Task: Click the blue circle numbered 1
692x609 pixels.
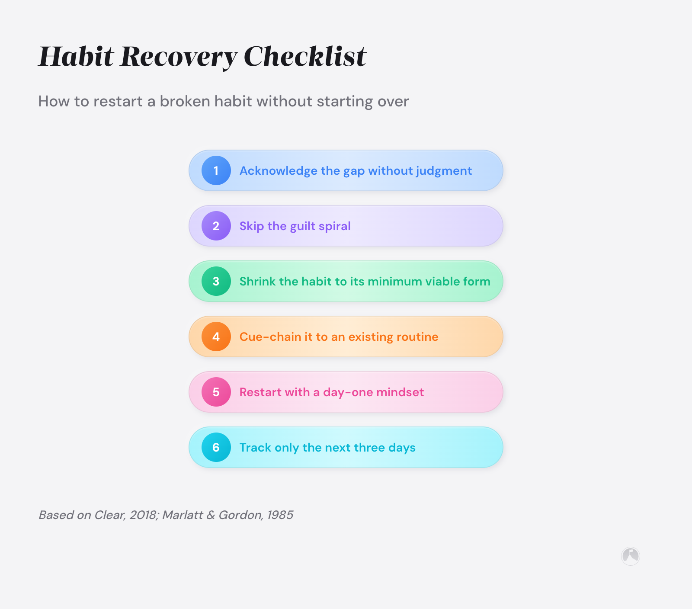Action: (x=216, y=170)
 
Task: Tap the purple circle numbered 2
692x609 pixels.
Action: (x=216, y=226)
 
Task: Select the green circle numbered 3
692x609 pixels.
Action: (x=216, y=281)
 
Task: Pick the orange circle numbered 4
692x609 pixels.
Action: (x=216, y=337)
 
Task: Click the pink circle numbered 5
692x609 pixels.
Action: (x=216, y=392)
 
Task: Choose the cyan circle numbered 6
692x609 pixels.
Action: (x=216, y=447)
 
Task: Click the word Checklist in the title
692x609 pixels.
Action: (x=305, y=56)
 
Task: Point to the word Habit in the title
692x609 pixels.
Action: (x=76, y=56)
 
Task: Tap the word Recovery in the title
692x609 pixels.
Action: (x=179, y=57)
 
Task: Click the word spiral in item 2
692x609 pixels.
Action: (x=335, y=227)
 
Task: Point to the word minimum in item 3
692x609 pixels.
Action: (x=395, y=282)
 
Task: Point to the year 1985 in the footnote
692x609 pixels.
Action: (x=280, y=515)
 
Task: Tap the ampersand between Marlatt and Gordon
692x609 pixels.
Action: (x=211, y=515)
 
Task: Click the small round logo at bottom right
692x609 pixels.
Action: (x=630, y=556)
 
